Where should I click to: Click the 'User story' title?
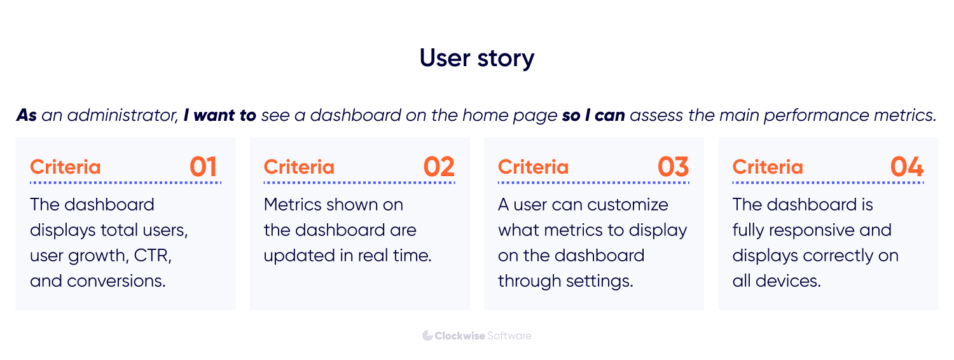point(477,58)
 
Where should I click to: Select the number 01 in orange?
point(204,167)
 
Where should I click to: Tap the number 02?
point(439,167)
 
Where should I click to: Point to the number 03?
point(673,167)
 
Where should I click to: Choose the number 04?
point(907,167)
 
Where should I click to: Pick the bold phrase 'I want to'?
point(219,115)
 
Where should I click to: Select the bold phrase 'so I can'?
point(593,115)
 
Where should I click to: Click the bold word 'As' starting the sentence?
point(27,115)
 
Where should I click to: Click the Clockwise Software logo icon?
point(427,336)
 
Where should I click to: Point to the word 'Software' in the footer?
point(509,336)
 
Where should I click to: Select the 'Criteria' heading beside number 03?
point(533,167)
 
